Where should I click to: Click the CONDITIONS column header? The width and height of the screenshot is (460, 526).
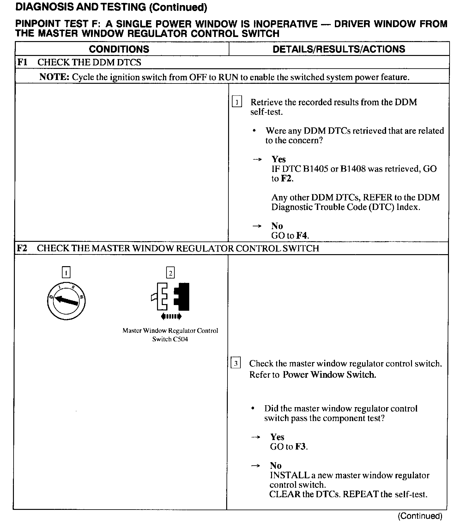click(119, 49)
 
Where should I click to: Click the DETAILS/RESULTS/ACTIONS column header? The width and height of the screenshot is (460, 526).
click(339, 49)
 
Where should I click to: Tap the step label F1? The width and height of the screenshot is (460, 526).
click(22, 62)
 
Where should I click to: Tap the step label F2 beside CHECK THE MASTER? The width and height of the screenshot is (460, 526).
click(22, 248)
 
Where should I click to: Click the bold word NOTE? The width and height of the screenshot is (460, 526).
click(54, 77)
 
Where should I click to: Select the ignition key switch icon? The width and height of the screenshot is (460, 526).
click(66, 301)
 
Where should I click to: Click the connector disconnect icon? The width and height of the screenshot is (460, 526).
click(171, 297)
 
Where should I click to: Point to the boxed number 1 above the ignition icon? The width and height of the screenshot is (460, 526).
click(66, 272)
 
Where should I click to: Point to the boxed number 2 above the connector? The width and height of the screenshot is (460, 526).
click(171, 272)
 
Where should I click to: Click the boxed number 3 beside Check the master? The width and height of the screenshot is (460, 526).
click(236, 363)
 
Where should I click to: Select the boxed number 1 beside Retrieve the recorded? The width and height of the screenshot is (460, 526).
click(237, 102)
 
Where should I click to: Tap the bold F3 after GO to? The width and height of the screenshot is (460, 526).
click(300, 447)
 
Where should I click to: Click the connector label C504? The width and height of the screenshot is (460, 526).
click(180, 339)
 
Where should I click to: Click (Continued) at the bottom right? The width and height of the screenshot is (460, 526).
click(420, 516)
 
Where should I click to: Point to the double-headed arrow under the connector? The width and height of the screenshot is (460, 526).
click(171, 316)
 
